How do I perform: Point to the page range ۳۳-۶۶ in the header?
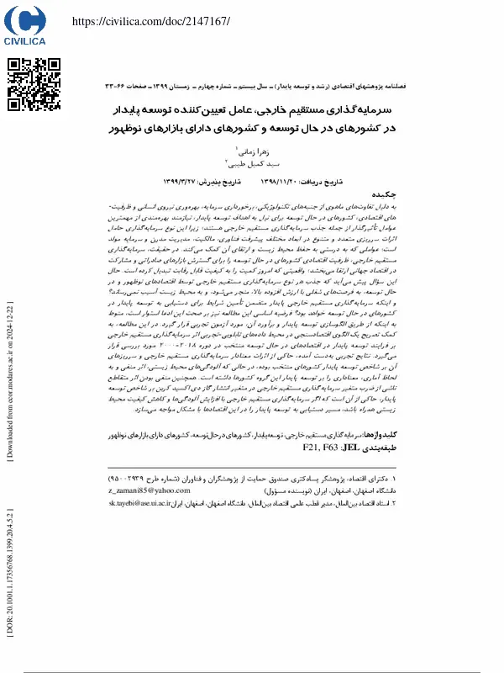coord(118,86)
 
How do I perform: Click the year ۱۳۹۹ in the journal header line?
coord(197,86)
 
